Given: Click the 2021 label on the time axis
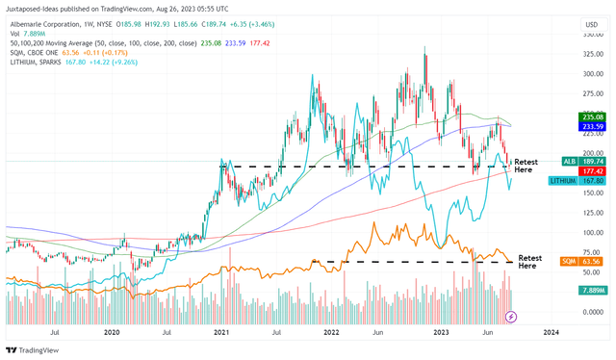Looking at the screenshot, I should tap(222, 332).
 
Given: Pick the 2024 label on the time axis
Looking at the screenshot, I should tap(551, 332).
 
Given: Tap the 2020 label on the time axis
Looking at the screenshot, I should tap(113, 332).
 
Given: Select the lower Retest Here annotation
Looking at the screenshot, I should tap(531, 262).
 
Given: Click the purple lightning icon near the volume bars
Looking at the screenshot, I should tap(511, 316).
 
